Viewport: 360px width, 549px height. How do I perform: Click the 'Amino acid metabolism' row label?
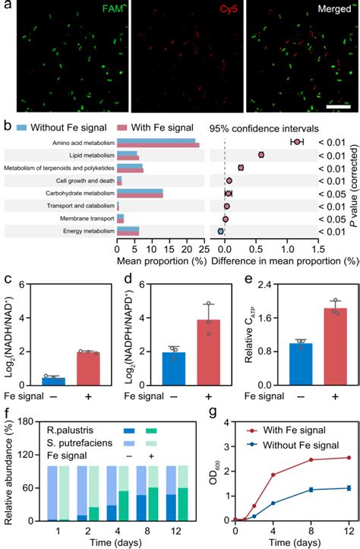tap(77, 143)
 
